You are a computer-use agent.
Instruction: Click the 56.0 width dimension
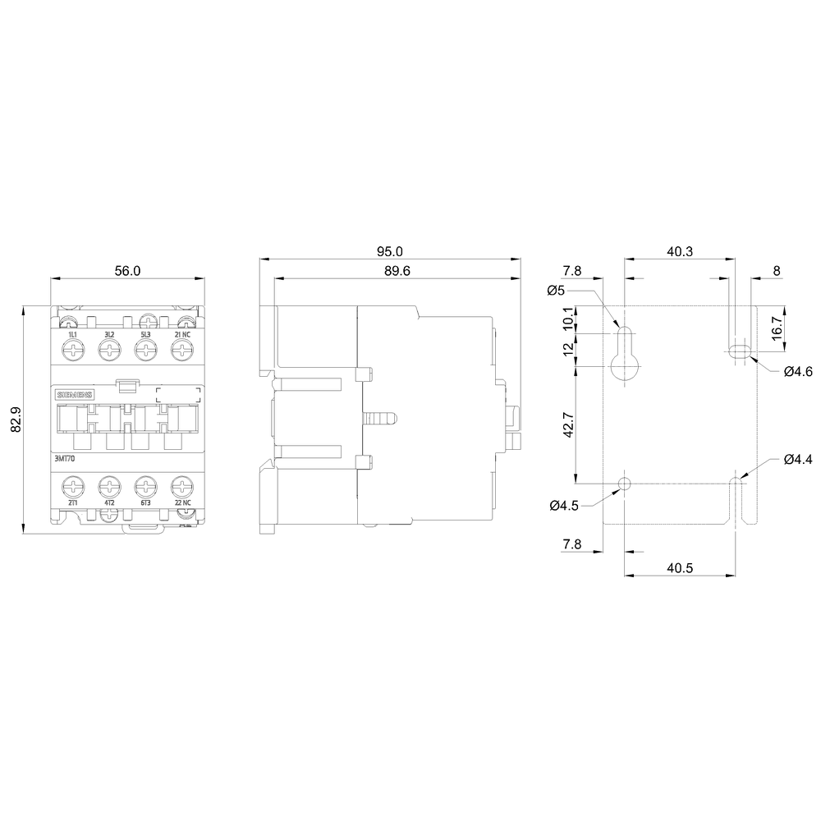[x=128, y=271]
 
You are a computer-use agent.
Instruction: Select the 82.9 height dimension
[x=16, y=420]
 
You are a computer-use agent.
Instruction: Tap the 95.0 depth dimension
[x=390, y=251]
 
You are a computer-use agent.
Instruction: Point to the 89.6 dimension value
[x=397, y=271]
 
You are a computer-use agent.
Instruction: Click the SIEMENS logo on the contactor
[x=75, y=395]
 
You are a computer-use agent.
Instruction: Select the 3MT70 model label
[x=65, y=459]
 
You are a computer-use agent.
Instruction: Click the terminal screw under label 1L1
[x=73, y=349]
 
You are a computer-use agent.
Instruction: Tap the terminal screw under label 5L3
[x=145, y=349]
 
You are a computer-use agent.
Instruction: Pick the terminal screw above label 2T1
[x=73, y=487]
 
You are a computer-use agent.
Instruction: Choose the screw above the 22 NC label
[x=181, y=487]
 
